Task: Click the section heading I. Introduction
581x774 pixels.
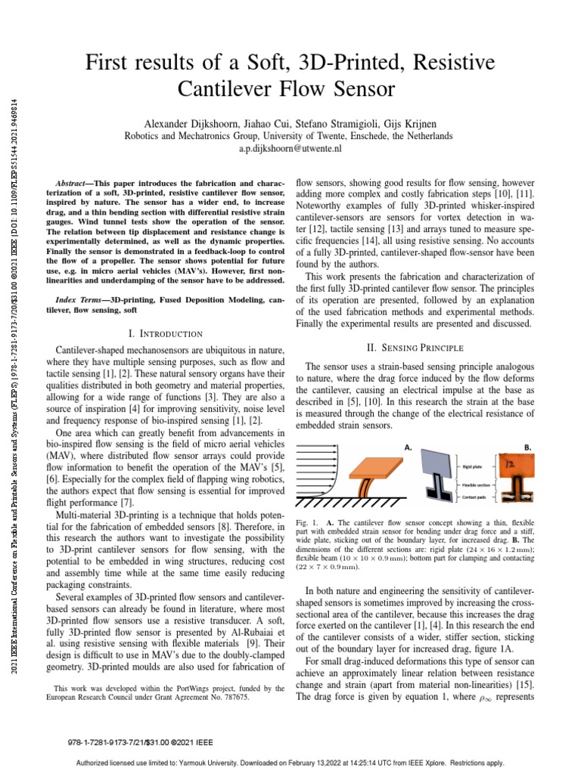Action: click(x=166, y=333)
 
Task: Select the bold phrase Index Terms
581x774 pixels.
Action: click(x=81, y=300)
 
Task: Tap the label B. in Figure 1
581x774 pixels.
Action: click(x=528, y=447)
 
